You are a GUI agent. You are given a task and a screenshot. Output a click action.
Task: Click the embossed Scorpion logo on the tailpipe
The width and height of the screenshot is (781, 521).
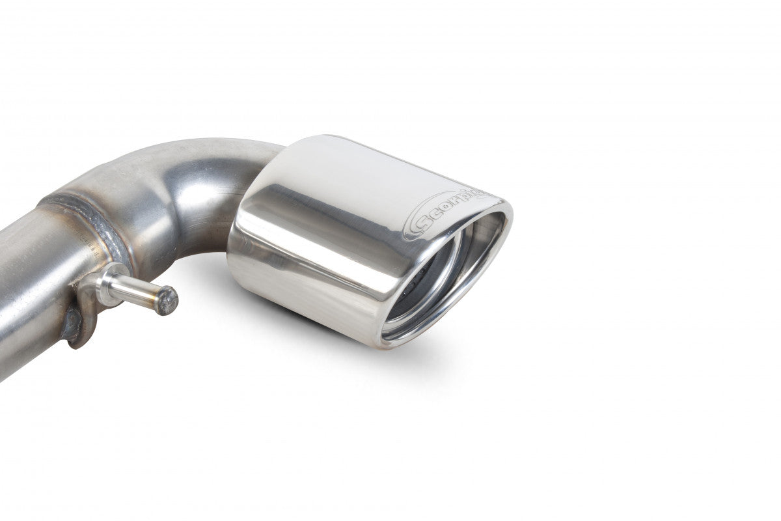click(x=449, y=212)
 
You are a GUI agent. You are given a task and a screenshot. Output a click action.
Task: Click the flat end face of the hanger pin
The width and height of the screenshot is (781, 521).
click(x=167, y=300)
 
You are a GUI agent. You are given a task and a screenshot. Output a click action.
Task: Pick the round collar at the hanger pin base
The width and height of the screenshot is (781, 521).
click(x=107, y=284)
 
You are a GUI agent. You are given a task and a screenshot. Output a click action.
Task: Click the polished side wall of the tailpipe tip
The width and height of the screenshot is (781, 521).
click(x=306, y=260)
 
